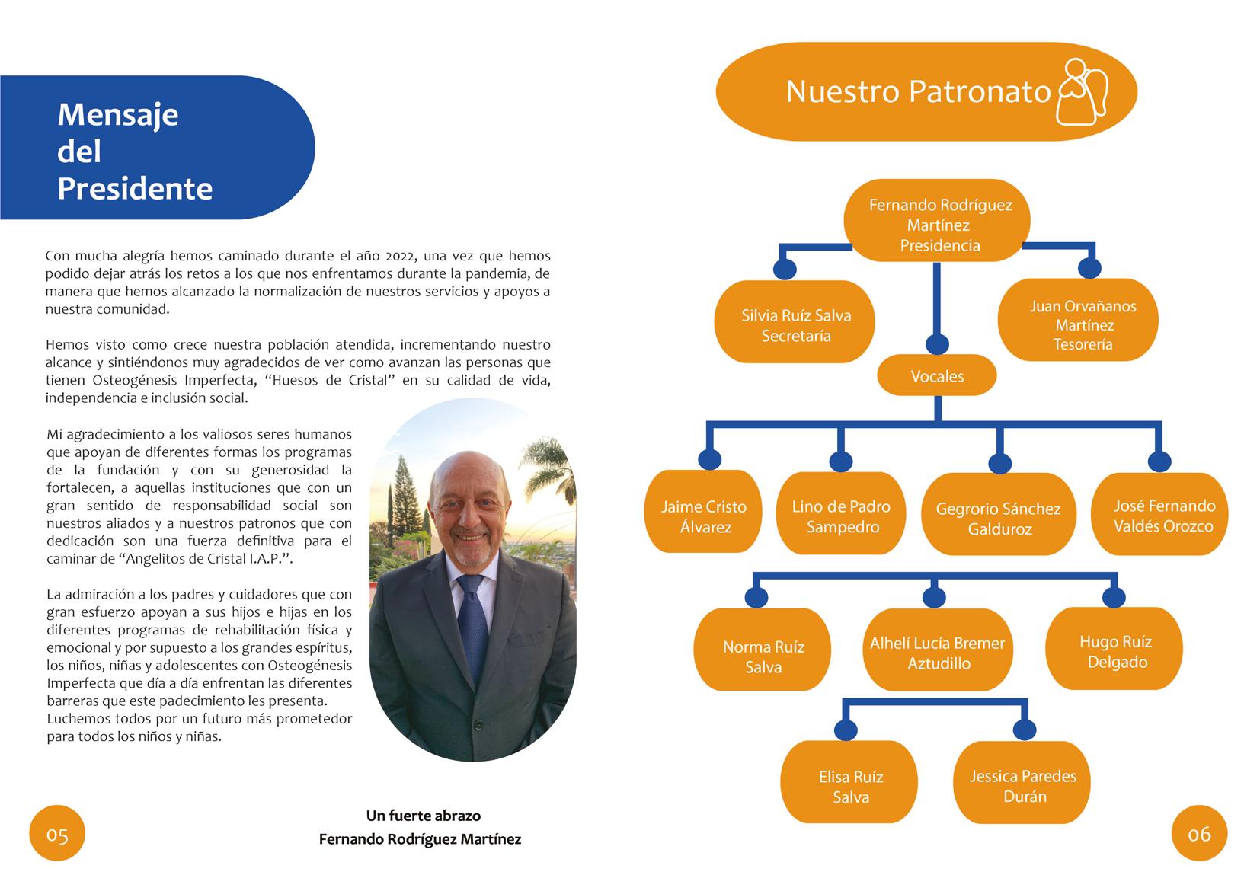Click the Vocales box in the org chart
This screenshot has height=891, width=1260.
click(x=937, y=376)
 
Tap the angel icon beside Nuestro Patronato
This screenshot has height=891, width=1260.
click(x=1082, y=91)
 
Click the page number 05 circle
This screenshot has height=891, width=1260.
click(x=57, y=834)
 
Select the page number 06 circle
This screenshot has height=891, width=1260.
click(x=1200, y=834)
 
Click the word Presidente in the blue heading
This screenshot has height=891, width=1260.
click(x=135, y=189)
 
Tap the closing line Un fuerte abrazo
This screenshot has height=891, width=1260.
click(x=424, y=816)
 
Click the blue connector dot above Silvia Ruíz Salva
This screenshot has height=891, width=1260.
click(x=785, y=269)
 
